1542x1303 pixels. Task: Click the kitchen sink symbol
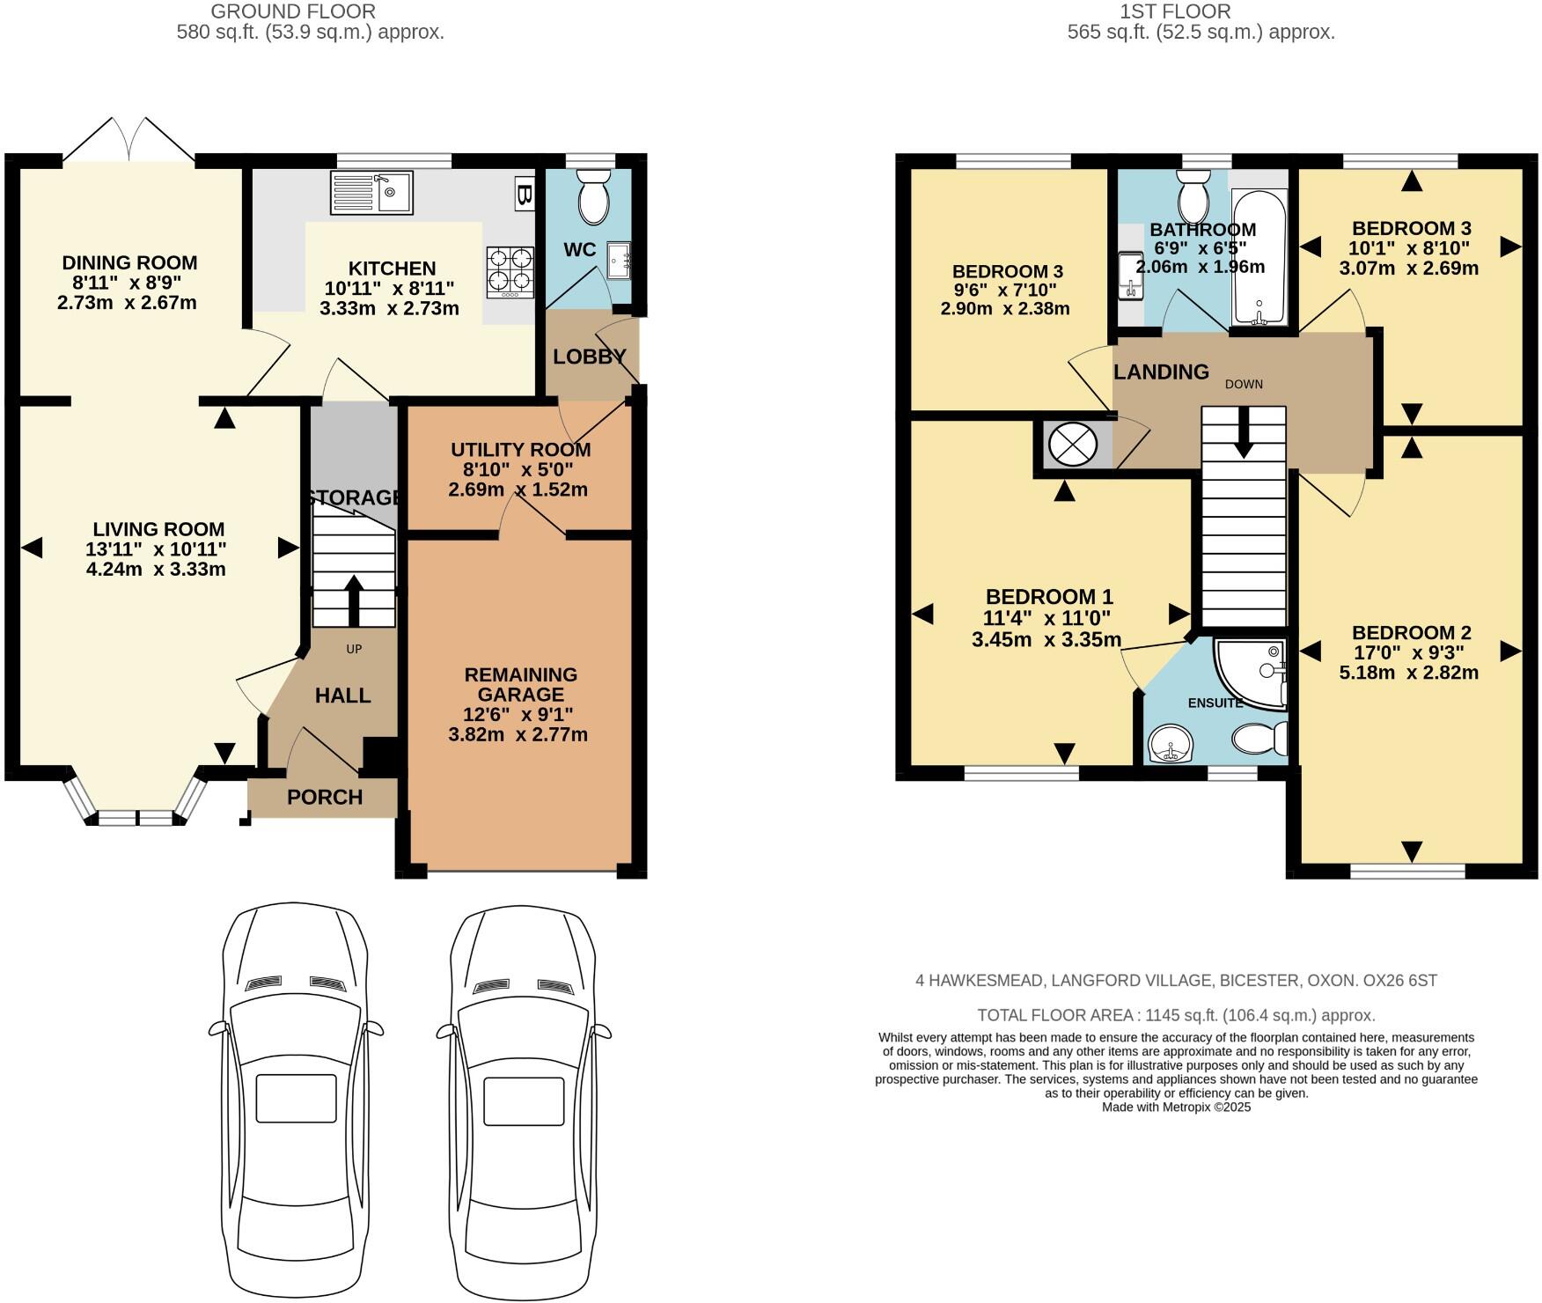pyautogui.click(x=371, y=192)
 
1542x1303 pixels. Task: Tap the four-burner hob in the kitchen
pyautogui.click(x=510, y=270)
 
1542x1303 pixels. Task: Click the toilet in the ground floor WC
pyautogui.click(x=594, y=199)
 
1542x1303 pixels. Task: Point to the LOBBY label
pyautogui.click(x=589, y=357)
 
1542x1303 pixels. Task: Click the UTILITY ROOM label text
pyautogui.click(x=520, y=450)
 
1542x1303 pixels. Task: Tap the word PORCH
pyautogui.click(x=325, y=798)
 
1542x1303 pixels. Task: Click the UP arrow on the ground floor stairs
pyautogui.click(x=354, y=599)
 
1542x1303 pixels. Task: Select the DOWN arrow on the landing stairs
pyautogui.click(x=1243, y=431)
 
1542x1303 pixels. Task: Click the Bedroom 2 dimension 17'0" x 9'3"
pyautogui.click(x=1411, y=653)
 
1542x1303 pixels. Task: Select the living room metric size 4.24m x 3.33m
pyautogui.click(x=156, y=570)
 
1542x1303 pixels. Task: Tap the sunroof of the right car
pyautogui.click(x=523, y=1098)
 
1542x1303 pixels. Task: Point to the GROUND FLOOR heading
pyautogui.click(x=293, y=11)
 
